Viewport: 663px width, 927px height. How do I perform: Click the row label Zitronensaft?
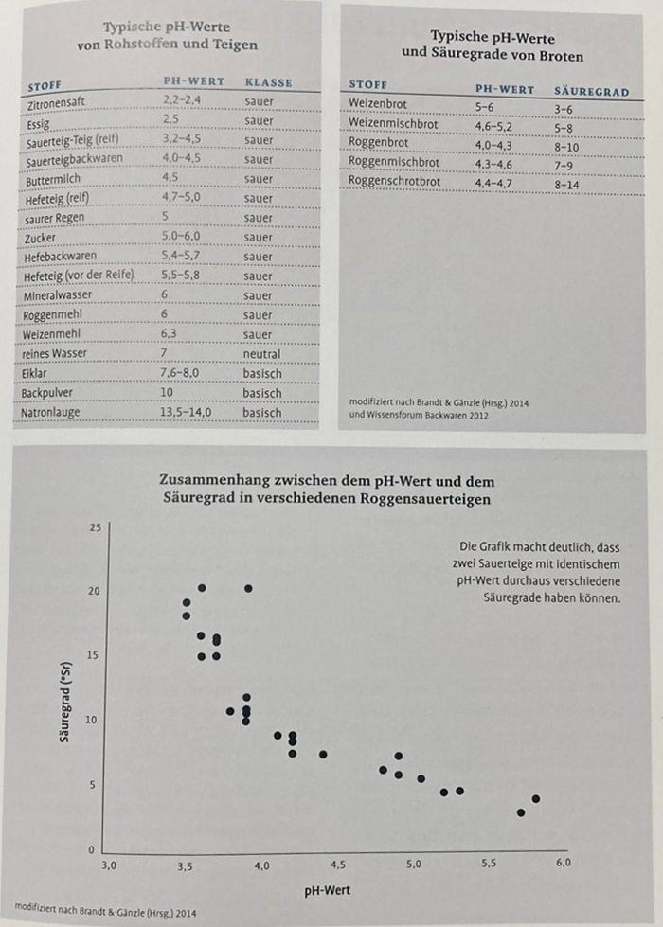[56, 104]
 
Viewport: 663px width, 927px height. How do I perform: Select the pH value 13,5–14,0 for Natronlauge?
[185, 411]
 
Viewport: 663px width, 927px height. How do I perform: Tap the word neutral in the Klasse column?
[261, 354]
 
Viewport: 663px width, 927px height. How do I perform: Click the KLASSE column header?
[268, 82]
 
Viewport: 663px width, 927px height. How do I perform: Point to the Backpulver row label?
[46, 393]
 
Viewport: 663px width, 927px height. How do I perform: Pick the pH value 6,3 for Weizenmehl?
[169, 333]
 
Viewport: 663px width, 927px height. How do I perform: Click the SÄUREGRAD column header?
[591, 92]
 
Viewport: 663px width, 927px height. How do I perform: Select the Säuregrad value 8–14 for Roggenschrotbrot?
[566, 185]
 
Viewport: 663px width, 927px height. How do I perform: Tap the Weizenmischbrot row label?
[393, 123]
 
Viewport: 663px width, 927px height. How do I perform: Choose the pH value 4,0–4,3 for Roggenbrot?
[493, 146]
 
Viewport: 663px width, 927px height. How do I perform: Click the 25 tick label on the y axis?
[96, 527]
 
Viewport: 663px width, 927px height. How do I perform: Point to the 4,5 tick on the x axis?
[338, 865]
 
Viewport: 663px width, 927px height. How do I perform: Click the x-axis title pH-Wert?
[327, 890]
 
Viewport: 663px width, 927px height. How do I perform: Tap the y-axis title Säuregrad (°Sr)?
[64, 701]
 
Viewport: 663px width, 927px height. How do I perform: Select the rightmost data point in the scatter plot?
[536, 799]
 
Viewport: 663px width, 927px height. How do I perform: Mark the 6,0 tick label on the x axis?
[563, 863]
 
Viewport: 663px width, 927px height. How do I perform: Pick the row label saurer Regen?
[54, 219]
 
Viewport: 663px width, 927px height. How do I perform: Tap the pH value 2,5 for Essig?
[170, 119]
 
